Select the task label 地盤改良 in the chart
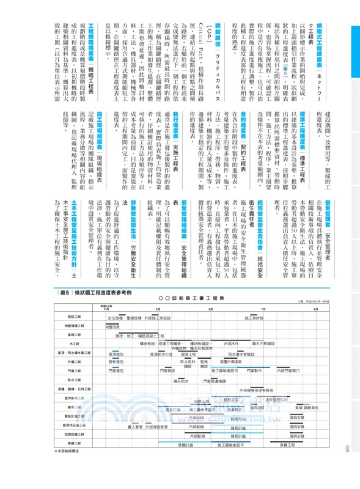click(x=113, y=327)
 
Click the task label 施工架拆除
click(x=254, y=318)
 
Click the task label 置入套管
click(x=134, y=427)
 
